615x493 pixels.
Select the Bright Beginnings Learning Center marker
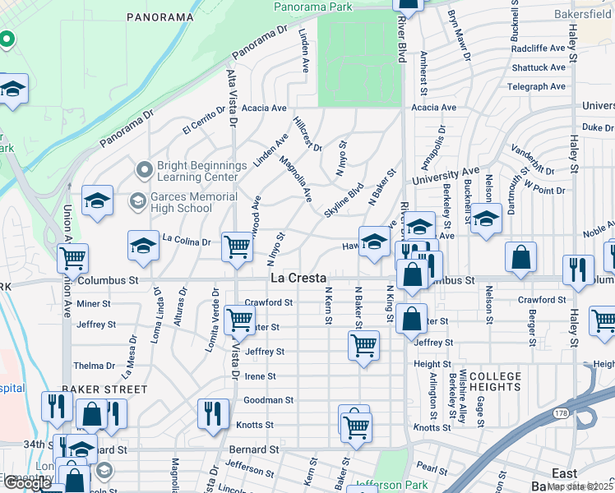pyautogui.click(x=145, y=170)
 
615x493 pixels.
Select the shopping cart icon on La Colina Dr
pyautogui.click(x=237, y=246)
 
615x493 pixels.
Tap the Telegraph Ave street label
pyautogui.click(x=537, y=86)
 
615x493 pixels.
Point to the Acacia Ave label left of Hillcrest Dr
pyautogui.click(x=263, y=108)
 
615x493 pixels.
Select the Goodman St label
pyautogui.click(x=269, y=400)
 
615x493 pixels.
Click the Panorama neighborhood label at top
pyautogui.click(x=160, y=16)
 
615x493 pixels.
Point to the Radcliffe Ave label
pyautogui.click(x=539, y=48)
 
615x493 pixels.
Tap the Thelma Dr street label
pyautogui.click(x=94, y=366)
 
